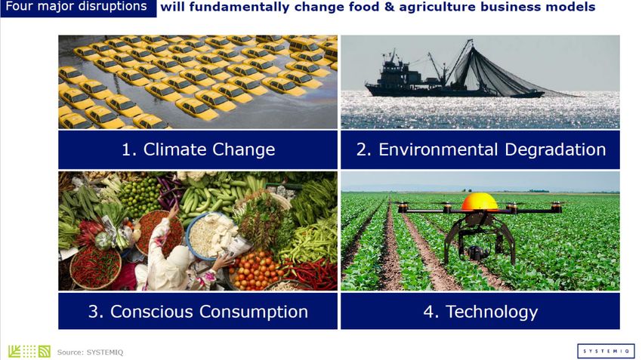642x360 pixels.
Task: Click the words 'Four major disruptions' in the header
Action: click(x=76, y=7)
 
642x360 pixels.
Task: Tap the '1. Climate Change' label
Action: click(x=198, y=149)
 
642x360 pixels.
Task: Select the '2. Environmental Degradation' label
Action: click(x=480, y=149)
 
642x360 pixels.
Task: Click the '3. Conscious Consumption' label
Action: click(x=198, y=311)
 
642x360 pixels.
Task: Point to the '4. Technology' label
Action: click(x=480, y=312)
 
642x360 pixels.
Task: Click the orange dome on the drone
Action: click(x=480, y=202)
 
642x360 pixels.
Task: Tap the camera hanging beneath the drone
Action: click(x=477, y=252)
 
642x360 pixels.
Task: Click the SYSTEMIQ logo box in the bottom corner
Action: click(x=606, y=351)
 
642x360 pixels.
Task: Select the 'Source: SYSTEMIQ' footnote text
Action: click(x=90, y=352)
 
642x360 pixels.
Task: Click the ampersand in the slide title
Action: click(x=389, y=7)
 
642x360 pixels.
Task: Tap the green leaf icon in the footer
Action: click(x=14, y=352)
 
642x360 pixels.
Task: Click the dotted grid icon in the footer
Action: click(x=29, y=352)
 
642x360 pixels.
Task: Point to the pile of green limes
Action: click(x=139, y=196)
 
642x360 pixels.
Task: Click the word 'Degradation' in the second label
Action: click(x=555, y=149)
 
